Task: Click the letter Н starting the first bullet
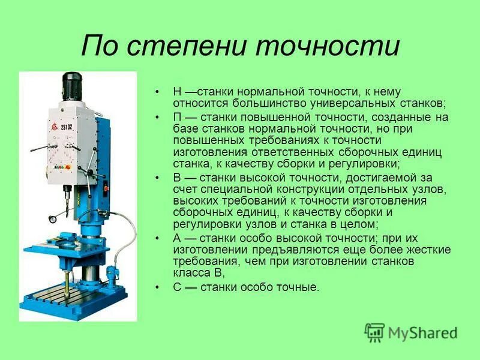pyautogui.click(x=176, y=92)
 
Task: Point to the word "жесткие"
pyautogui.click(x=428, y=250)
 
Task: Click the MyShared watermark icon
pyautogui.click(x=374, y=331)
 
